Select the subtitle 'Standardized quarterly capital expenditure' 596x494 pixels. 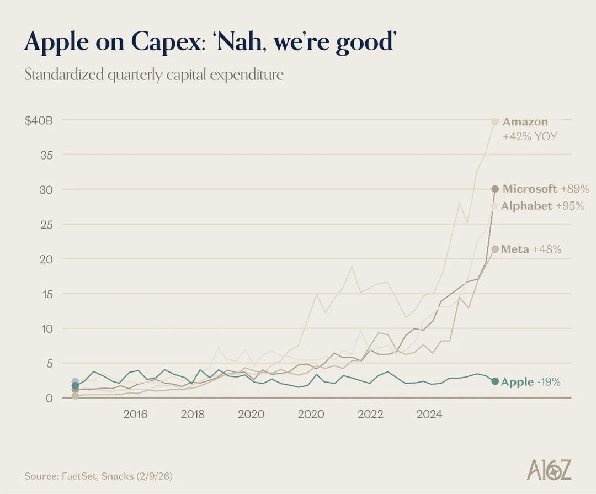tap(153, 75)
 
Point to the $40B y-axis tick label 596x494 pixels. tap(38, 120)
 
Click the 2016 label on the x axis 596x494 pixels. tap(135, 414)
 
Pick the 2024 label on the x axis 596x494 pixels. tap(429, 414)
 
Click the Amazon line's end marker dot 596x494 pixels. tap(495, 121)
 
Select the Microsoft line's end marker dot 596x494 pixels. tap(495, 189)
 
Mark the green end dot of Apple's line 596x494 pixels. tap(495, 381)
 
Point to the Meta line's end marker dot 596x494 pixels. tap(495, 249)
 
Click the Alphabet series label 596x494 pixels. tap(526, 206)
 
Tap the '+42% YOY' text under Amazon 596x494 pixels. tap(529, 136)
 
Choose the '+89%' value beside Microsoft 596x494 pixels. tap(575, 189)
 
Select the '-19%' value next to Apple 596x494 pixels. tap(549, 382)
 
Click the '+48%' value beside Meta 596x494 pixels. tap(547, 249)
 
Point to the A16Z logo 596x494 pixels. tap(549, 470)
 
